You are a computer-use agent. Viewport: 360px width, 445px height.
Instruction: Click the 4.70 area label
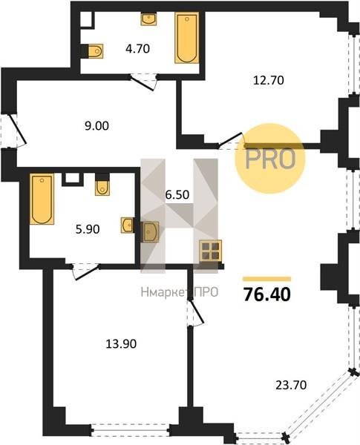(x=137, y=49)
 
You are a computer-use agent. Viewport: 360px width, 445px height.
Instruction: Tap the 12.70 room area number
(x=268, y=80)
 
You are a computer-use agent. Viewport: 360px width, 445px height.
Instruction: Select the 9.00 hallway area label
(x=96, y=126)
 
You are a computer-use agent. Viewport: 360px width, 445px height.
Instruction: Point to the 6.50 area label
(x=177, y=194)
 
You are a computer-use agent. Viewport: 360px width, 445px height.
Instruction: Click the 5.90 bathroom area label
(x=88, y=229)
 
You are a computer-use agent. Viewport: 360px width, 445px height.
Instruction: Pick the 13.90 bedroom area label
(x=121, y=344)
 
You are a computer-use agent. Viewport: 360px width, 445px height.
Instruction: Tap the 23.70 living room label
(x=291, y=385)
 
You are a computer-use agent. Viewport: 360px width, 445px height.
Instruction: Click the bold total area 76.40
(x=267, y=294)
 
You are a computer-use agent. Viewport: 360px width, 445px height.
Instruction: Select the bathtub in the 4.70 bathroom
(x=186, y=38)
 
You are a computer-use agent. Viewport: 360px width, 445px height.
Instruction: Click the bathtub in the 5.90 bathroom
(x=42, y=199)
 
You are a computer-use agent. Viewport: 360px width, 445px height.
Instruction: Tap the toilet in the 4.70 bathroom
(x=95, y=51)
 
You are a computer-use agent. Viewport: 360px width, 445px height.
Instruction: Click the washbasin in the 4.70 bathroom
(x=148, y=19)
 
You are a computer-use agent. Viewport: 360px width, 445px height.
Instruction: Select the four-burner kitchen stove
(x=210, y=251)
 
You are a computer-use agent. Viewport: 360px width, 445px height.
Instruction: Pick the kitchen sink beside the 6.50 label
(x=150, y=232)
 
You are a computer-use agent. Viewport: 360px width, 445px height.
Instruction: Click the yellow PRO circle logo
(x=270, y=159)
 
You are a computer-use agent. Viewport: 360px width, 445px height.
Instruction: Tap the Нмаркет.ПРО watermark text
(x=180, y=292)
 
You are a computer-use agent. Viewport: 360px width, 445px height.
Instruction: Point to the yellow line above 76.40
(x=267, y=279)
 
